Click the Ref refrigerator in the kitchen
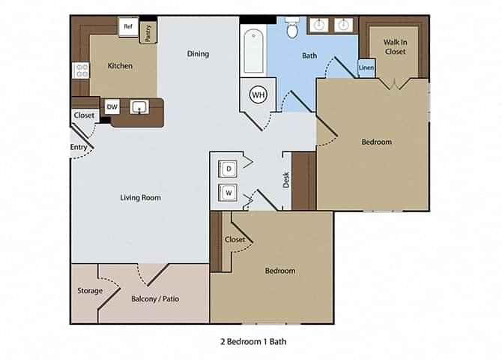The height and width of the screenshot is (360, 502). click(x=128, y=27)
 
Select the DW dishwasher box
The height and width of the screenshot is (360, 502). click(x=112, y=107)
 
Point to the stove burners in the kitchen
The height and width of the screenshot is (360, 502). click(x=80, y=70)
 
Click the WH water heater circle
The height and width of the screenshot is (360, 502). click(x=258, y=94)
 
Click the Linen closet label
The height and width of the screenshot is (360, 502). click(x=366, y=68)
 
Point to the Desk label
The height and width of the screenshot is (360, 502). click(x=285, y=179)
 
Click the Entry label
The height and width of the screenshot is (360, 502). click(x=78, y=148)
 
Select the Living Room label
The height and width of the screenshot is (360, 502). click(x=141, y=198)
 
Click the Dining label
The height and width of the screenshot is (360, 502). click(x=198, y=54)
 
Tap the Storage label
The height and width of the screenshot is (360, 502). click(x=90, y=291)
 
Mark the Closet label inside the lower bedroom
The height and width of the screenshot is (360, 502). click(x=235, y=240)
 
